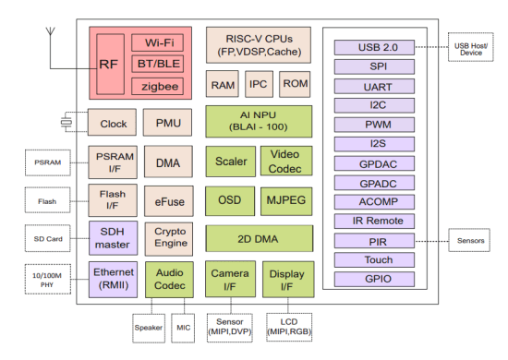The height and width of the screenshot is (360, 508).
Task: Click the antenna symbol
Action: click(47, 42)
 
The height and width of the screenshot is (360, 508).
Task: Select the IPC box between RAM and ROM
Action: click(259, 84)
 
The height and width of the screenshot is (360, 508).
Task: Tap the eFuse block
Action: click(167, 199)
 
